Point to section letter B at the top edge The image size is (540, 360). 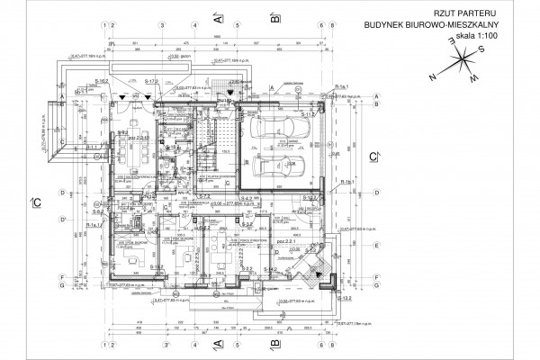tap(270, 16)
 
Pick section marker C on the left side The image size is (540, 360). tap(34, 201)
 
